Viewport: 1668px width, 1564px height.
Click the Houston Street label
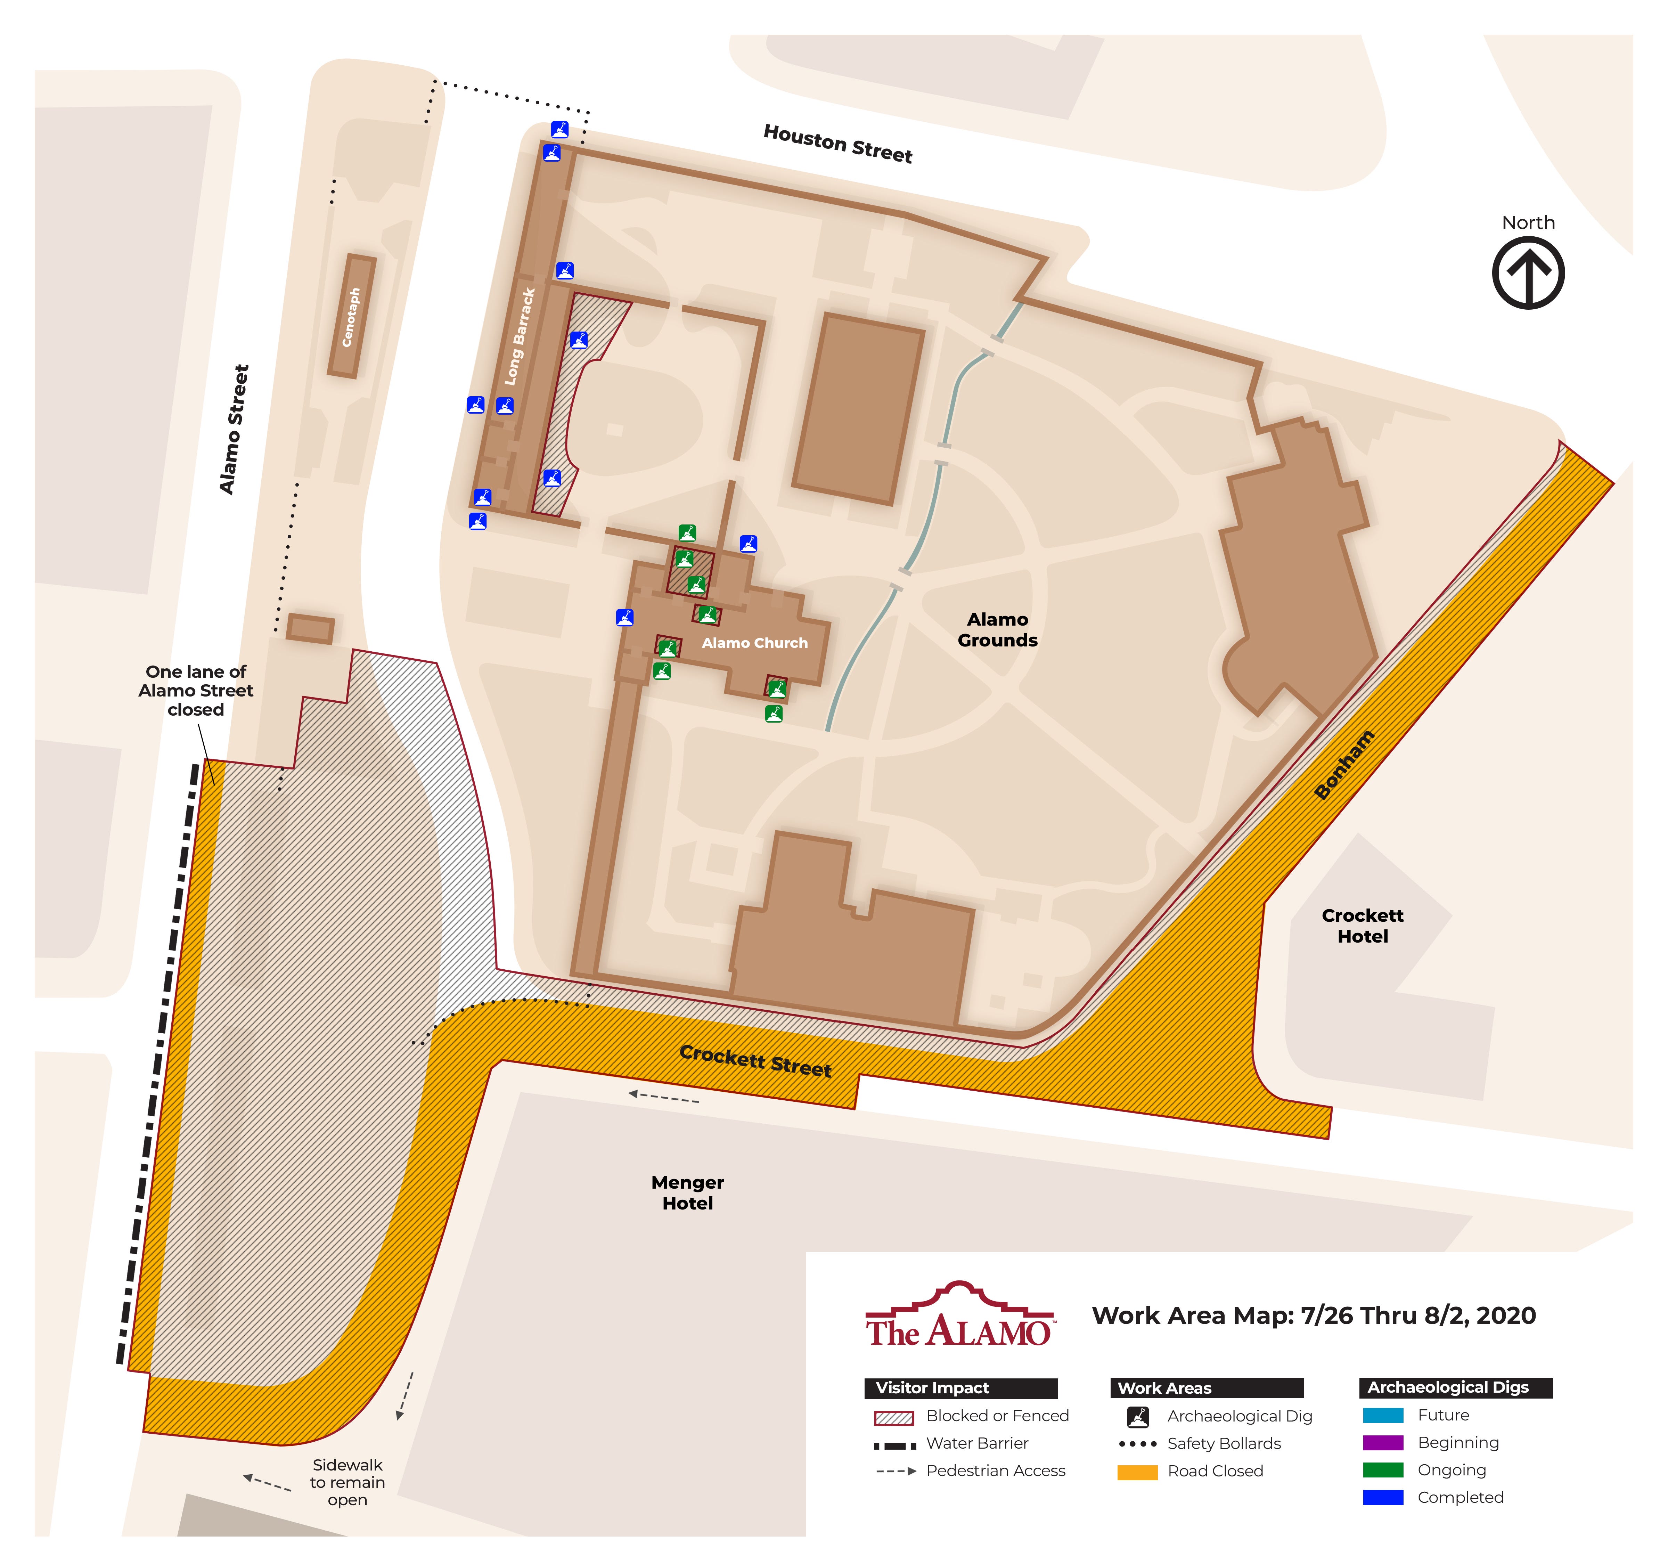[837, 144]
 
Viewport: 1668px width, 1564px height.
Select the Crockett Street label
[755, 1061]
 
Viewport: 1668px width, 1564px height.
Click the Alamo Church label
[754, 643]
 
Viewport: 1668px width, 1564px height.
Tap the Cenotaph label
[351, 317]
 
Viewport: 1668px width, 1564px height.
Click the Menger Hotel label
[687, 1192]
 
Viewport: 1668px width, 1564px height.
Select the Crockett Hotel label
[1362, 926]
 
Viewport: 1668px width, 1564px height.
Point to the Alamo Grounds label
[997, 629]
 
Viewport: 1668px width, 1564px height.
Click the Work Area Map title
[1313, 1315]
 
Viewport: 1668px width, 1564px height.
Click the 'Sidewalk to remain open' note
[347, 1482]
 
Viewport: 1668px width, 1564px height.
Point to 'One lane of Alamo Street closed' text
[196, 691]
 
